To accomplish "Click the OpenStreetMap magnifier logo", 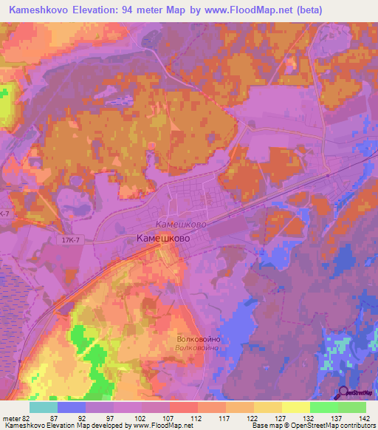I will [x=344, y=393].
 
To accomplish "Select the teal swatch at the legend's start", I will [x=44, y=407].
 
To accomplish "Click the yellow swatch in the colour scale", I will [x=295, y=407].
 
